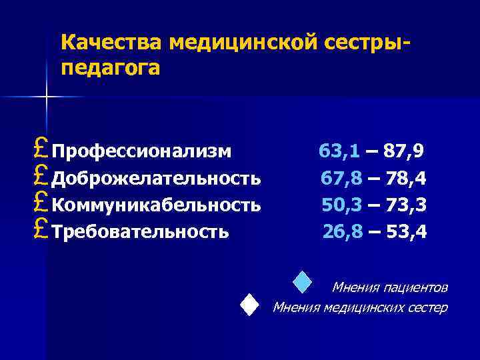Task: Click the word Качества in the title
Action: (112, 43)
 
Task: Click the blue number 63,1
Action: (339, 151)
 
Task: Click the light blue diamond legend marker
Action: (303, 282)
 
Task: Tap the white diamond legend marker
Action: (249, 305)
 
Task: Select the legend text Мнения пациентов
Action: (390, 288)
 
